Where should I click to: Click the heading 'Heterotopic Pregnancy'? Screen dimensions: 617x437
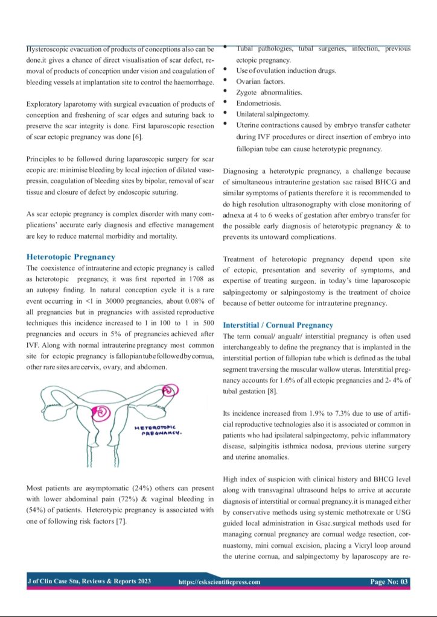pyautogui.click(x=71, y=257)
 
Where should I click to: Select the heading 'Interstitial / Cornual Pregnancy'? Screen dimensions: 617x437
pyautogui.click(x=278, y=325)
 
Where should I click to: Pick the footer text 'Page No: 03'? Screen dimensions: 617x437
pyautogui.click(x=389, y=581)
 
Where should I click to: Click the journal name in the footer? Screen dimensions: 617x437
pyautogui.click(x=89, y=581)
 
